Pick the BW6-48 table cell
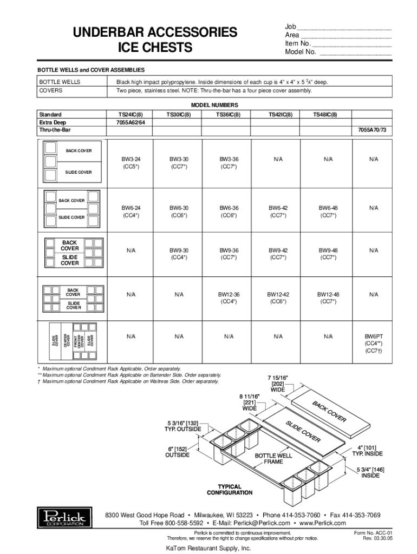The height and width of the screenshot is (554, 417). pyautogui.click(x=328, y=208)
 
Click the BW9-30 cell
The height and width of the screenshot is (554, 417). pyautogui.click(x=179, y=250)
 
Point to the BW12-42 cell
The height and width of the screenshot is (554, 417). pyautogui.click(x=278, y=294)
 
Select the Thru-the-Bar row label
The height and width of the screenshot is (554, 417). pyautogui.click(x=55, y=130)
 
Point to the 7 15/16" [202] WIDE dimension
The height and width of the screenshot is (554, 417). pyautogui.click(x=277, y=383)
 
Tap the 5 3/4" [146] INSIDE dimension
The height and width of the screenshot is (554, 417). pyautogui.click(x=370, y=472)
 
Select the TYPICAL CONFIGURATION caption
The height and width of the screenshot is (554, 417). pyautogui.click(x=229, y=490)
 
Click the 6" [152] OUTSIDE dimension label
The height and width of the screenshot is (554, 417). pyautogui.click(x=177, y=452)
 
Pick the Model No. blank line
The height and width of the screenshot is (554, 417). pyautogui.click(x=355, y=52)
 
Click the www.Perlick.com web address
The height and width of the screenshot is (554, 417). pyautogui.click(x=322, y=523)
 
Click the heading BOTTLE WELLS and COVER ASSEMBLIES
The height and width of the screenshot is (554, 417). pyautogui.click(x=90, y=70)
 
